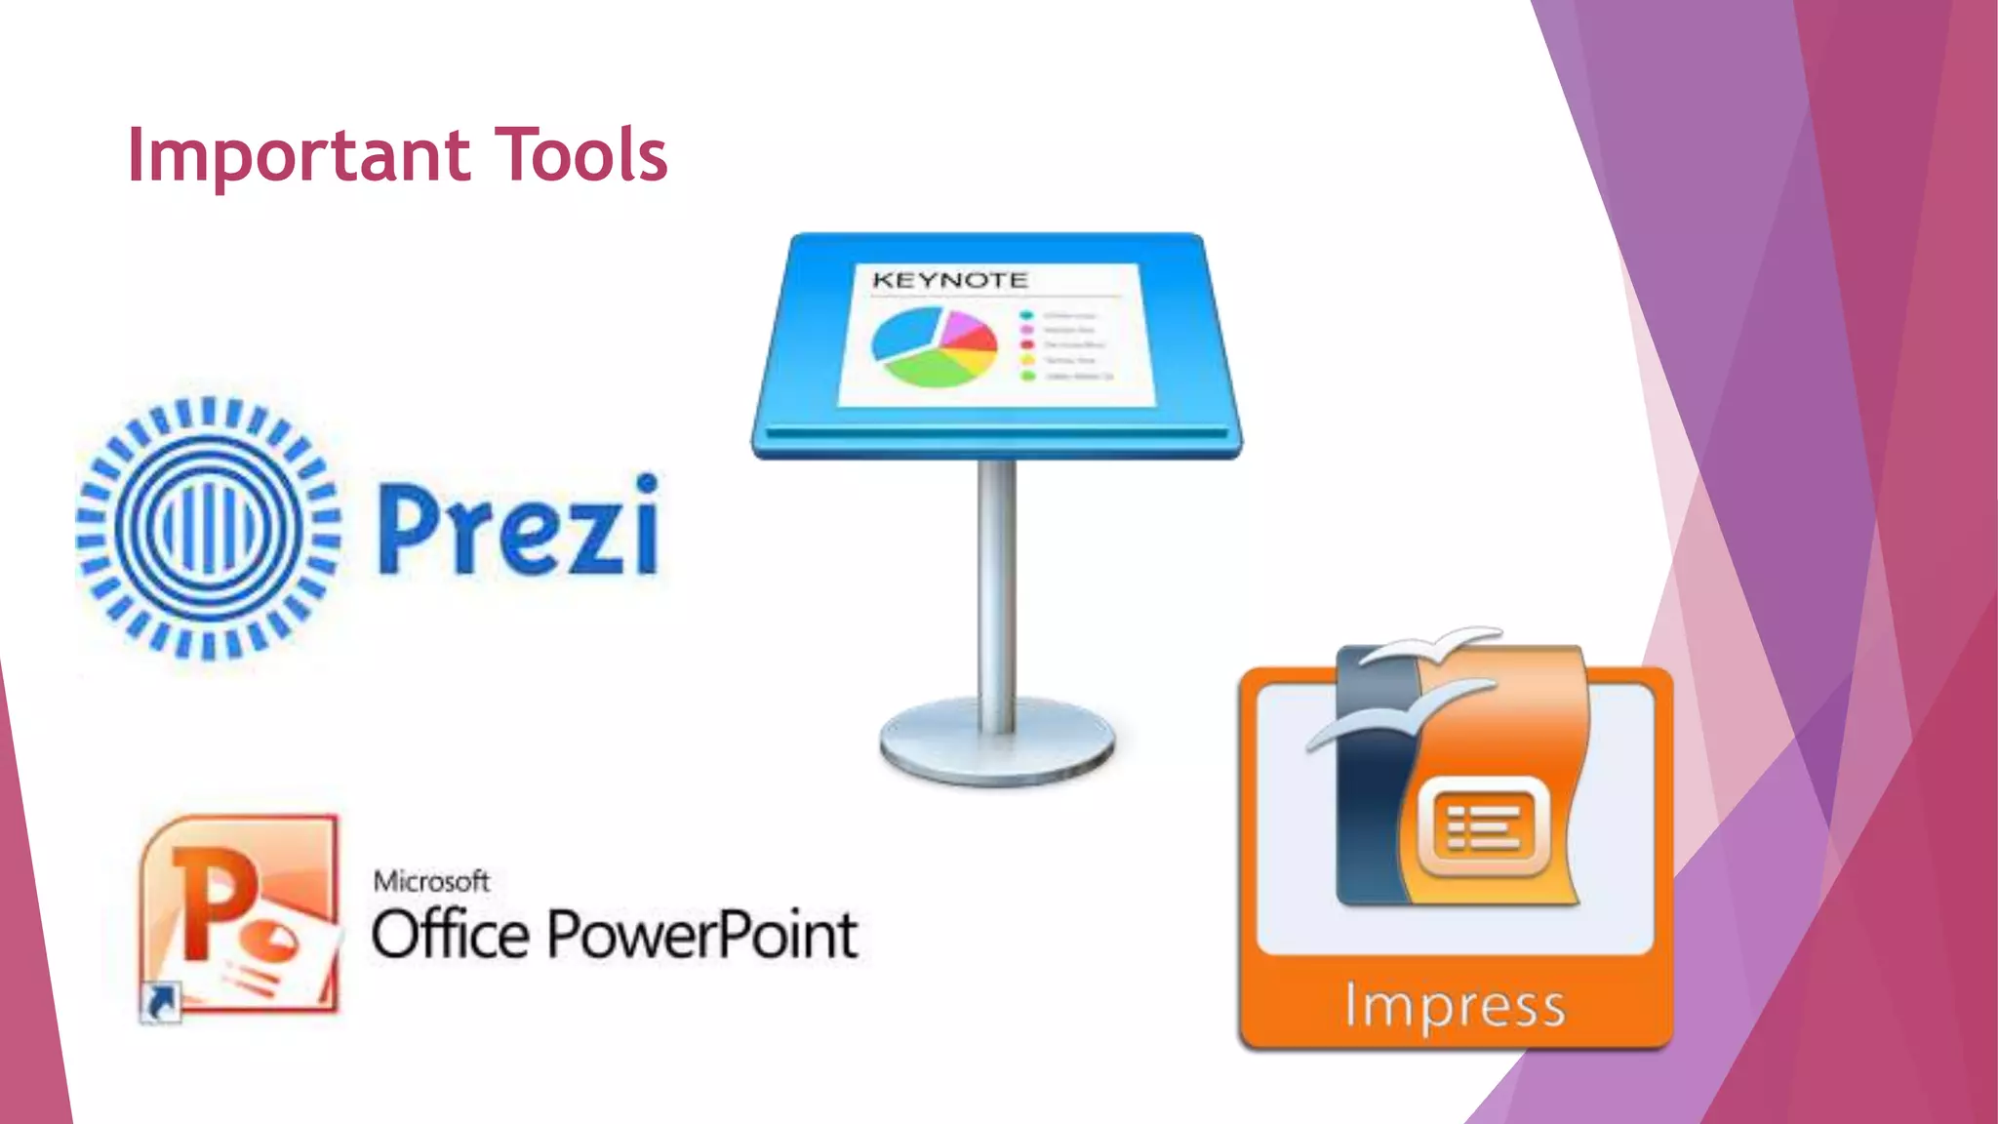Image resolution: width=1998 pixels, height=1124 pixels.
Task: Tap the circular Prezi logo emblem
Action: click(208, 528)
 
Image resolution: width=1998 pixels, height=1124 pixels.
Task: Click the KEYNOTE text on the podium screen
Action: click(949, 281)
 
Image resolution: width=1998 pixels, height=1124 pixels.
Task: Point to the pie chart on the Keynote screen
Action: click(935, 346)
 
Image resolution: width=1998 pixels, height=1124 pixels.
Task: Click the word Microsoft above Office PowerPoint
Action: click(431, 882)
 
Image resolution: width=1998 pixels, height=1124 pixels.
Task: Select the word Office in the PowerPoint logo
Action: click(450, 935)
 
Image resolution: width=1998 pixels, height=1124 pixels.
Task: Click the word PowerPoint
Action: click(702, 935)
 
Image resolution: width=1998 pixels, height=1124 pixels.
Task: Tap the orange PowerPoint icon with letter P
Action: click(239, 912)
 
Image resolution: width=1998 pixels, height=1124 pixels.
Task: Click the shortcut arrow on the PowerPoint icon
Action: click(161, 1002)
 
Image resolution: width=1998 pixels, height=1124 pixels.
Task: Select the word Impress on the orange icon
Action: click(1455, 1006)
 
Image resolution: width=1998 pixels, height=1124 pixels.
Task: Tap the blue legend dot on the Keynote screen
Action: click(1026, 315)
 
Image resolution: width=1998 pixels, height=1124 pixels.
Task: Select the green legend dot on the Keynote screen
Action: click(1027, 376)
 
